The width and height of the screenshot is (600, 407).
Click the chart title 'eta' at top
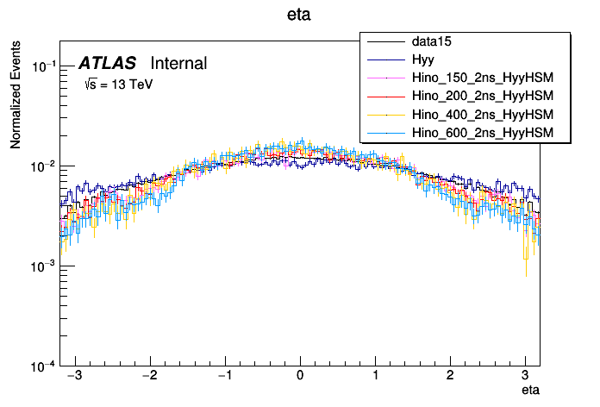tap(300, 15)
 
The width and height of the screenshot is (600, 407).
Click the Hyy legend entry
tap(423, 59)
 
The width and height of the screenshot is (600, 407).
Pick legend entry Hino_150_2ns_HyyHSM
tap(482, 78)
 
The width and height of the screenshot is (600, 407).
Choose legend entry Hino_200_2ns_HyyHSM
tap(482, 96)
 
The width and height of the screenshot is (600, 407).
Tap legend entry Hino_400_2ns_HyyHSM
tap(482, 114)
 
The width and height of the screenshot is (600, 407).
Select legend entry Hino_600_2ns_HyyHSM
tap(482, 132)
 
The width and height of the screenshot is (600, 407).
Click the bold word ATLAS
tap(107, 63)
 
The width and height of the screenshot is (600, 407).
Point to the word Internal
tap(178, 63)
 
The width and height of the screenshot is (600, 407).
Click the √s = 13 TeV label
tap(118, 85)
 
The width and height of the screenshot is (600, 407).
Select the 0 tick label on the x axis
tap(300, 377)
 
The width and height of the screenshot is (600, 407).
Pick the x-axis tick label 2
tap(451, 377)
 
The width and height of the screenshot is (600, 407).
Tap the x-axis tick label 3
tap(526, 377)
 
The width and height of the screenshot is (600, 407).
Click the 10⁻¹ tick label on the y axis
tap(44, 66)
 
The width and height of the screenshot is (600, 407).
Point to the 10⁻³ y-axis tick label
tap(44, 266)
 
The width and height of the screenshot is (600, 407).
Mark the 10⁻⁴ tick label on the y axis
tap(44, 366)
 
